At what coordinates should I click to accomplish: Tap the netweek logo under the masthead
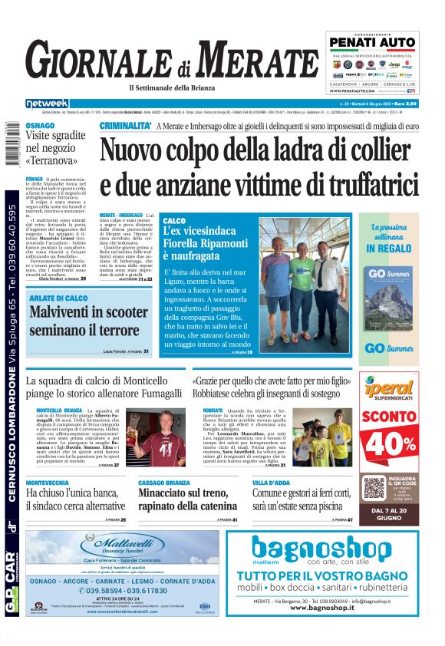48,104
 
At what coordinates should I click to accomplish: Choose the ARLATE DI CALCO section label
58,298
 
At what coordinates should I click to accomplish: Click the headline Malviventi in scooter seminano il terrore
89,321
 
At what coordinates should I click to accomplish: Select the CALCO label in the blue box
174,221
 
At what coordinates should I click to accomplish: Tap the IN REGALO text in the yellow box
389,249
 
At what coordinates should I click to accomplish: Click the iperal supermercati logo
389,392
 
